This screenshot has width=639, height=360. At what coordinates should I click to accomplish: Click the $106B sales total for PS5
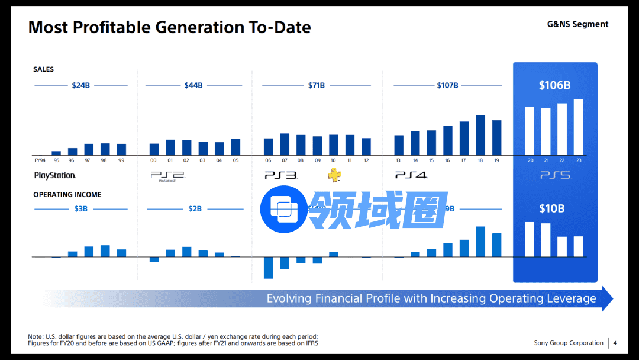click(x=554, y=85)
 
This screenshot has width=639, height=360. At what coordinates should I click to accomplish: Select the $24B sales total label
click(x=80, y=85)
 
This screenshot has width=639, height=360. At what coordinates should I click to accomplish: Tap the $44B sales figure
click(x=193, y=85)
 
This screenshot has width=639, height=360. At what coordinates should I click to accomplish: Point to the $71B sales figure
click(x=317, y=85)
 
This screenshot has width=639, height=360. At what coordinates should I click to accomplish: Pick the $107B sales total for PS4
click(x=447, y=85)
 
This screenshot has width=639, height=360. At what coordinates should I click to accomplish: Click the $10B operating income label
click(x=551, y=208)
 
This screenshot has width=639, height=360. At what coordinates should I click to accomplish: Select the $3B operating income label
click(x=80, y=208)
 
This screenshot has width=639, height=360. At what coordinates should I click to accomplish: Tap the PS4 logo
click(x=411, y=175)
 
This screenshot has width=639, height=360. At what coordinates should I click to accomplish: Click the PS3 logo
click(x=280, y=175)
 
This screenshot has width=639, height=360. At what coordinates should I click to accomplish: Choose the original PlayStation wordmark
click(x=55, y=175)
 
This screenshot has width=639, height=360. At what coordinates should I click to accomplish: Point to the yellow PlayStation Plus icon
click(x=334, y=175)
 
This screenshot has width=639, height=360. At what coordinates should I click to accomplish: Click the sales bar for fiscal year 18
click(x=480, y=135)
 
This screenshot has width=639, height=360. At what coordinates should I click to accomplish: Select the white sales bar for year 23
click(x=578, y=127)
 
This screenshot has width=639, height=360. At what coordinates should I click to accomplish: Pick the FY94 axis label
click(x=40, y=160)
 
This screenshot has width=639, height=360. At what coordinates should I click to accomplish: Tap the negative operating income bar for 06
click(x=268, y=268)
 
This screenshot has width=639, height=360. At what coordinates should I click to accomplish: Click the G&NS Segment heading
click(x=577, y=24)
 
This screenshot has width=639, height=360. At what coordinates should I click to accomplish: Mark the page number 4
click(x=615, y=343)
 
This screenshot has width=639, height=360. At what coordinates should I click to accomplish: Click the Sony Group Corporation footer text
click(x=569, y=343)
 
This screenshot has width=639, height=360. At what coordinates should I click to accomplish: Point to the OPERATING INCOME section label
click(x=67, y=195)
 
